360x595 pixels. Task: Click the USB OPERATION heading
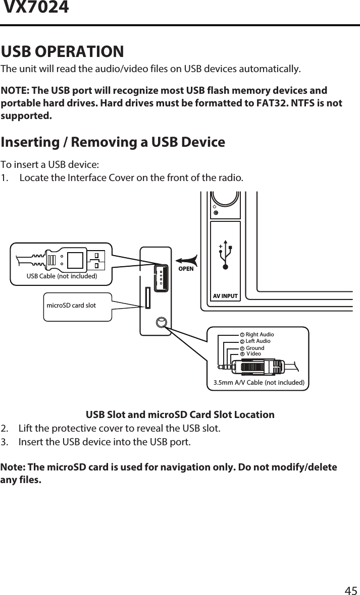point(63,51)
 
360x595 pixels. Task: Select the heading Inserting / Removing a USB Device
point(113,142)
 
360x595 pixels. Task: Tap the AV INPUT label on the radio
point(225,296)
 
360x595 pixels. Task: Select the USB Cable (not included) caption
point(62,276)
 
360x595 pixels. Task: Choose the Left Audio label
point(258,341)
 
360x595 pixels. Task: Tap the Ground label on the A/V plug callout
point(255,348)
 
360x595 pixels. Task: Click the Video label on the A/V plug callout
point(253,354)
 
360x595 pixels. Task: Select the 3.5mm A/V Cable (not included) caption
point(259,383)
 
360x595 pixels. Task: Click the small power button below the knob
point(216,213)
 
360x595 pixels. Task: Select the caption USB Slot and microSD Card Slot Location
point(180,415)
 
